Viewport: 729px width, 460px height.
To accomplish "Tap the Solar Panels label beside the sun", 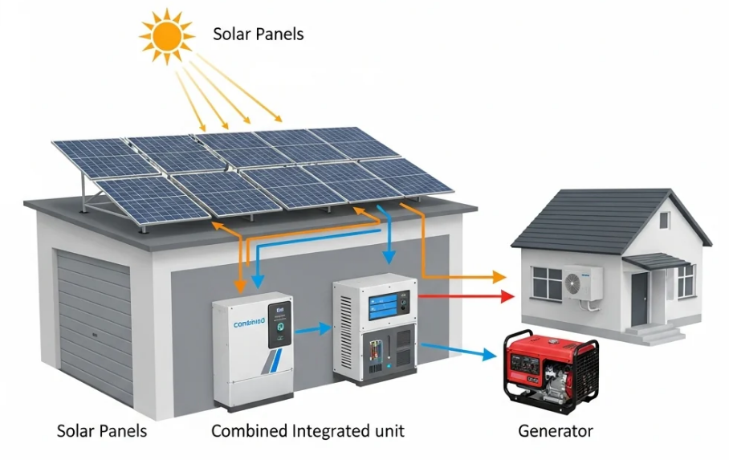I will [259, 35].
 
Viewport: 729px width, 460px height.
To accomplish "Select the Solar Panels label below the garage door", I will [102, 431].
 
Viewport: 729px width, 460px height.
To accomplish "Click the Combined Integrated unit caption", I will [307, 431].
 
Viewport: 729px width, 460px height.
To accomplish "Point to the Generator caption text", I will [556, 431].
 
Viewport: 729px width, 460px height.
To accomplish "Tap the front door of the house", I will [639, 298].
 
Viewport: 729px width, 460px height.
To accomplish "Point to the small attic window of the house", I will [664, 220].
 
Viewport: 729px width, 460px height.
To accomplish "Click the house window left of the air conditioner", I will [547, 282].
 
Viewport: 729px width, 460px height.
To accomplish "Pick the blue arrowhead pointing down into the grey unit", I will [389, 258].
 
